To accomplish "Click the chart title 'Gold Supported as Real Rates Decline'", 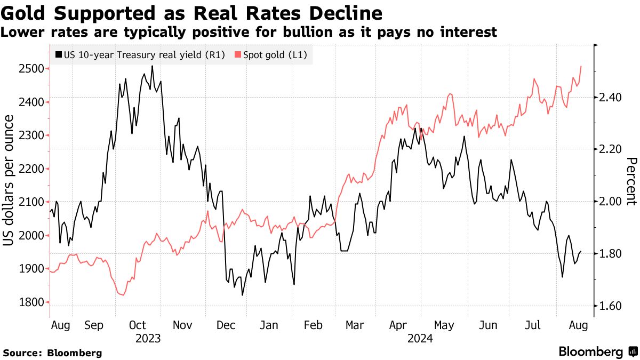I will pyautogui.click(x=191, y=13).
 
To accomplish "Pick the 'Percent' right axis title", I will pyautogui.click(x=630, y=181).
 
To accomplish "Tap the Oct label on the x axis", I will pyautogui.click(x=138, y=325).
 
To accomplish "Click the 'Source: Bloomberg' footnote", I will pyautogui.click(x=52, y=353).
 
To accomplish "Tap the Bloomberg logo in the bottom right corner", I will pyautogui.click(x=597, y=351).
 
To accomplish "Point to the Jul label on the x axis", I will pyautogui.click(x=533, y=325).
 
